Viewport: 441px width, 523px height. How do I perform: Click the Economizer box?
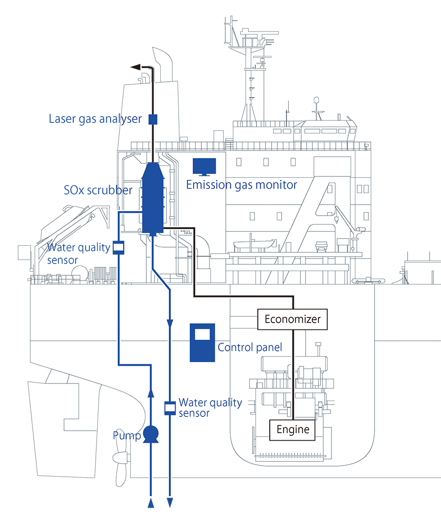292,319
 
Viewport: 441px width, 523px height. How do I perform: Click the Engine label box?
293,429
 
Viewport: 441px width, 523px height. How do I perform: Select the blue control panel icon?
202,342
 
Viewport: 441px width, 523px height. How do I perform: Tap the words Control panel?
250,347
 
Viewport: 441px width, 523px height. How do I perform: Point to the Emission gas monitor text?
242,185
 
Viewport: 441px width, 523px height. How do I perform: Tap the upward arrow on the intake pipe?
151,392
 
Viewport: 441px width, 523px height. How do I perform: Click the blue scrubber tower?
153,198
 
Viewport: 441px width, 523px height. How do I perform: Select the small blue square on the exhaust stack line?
153,119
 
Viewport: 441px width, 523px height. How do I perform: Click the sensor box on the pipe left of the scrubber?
118,247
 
